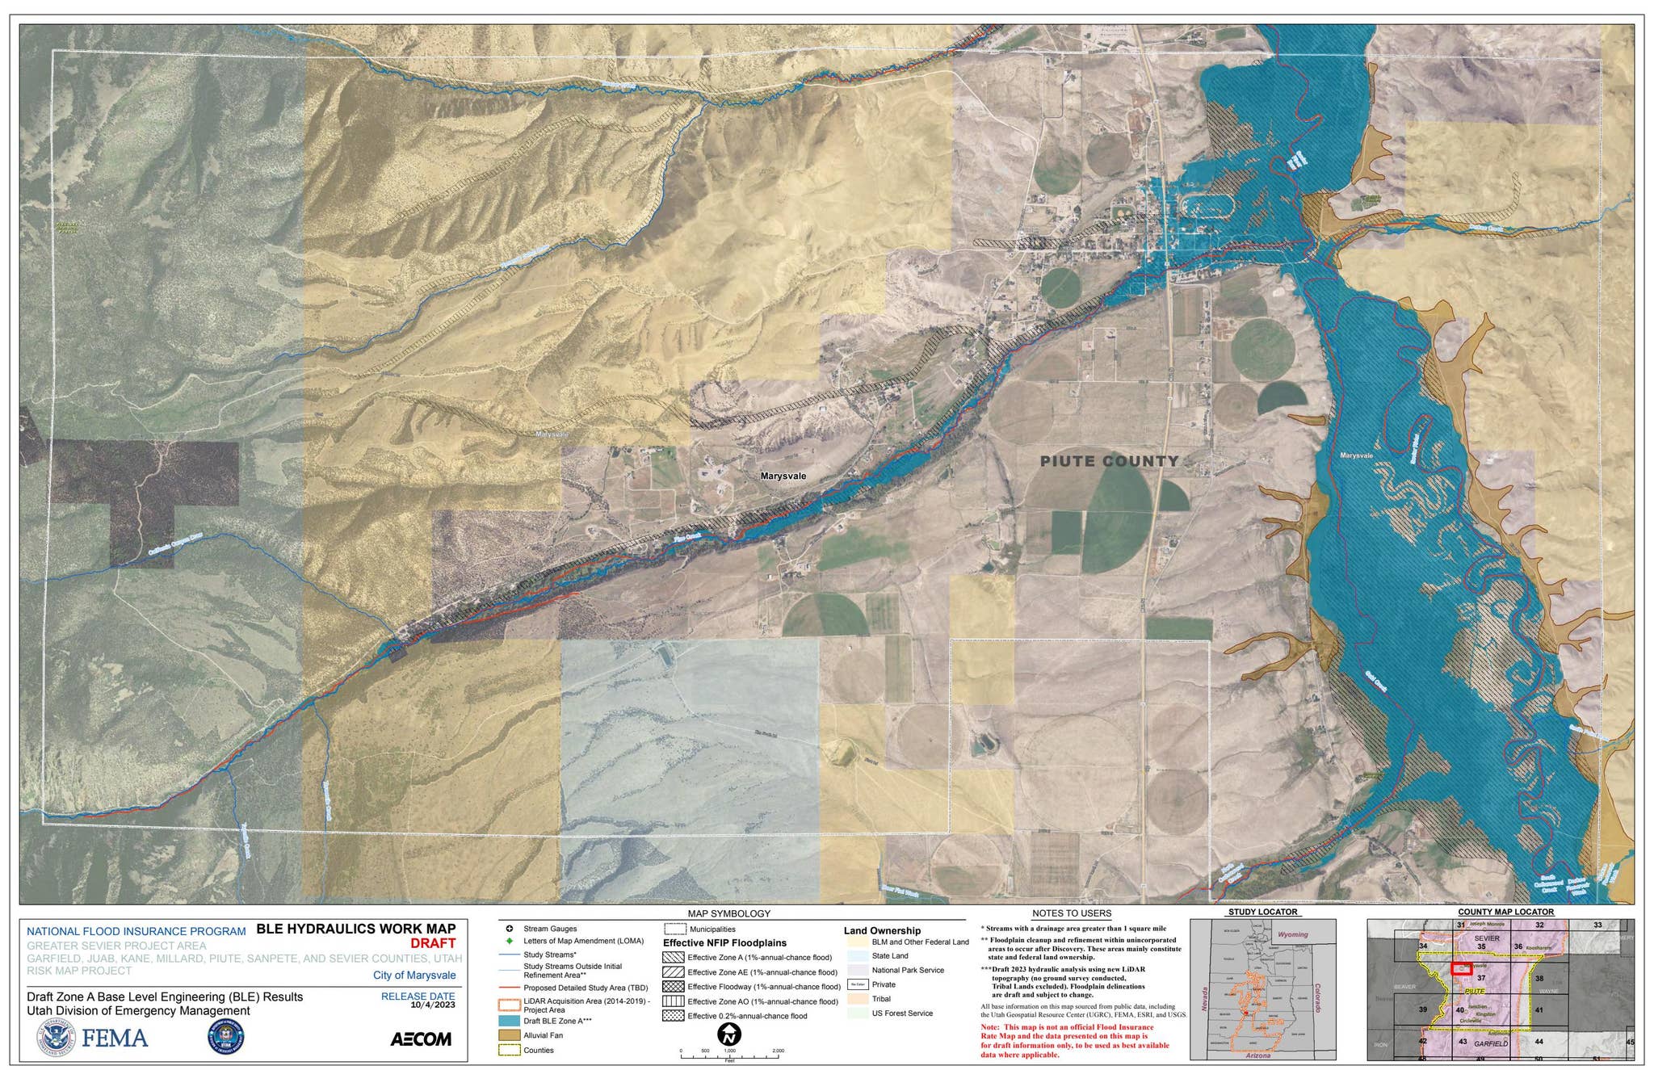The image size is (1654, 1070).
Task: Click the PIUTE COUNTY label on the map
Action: (1109, 461)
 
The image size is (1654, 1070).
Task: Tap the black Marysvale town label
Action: (783, 476)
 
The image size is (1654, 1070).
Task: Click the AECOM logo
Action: (421, 1039)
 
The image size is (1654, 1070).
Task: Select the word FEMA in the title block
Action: (115, 1038)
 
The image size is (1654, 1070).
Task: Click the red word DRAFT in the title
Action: (433, 943)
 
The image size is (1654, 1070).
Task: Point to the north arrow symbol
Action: (729, 1034)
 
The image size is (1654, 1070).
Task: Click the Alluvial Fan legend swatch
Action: (509, 1035)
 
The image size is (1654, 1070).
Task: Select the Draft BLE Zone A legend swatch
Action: (509, 1021)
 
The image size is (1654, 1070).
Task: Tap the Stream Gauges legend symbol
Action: (509, 929)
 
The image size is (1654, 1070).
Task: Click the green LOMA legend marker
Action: (509, 941)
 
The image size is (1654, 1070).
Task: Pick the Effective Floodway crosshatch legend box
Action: (673, 987)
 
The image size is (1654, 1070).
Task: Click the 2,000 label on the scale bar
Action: (778, 1051)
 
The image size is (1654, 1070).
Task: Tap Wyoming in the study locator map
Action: (1292, 934)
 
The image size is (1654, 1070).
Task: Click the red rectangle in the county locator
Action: (1460, 968)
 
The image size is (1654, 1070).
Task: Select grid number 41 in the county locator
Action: (1539, 1010)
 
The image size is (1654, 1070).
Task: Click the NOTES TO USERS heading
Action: (1071, 913)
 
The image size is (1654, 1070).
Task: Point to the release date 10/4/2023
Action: (432, 1005)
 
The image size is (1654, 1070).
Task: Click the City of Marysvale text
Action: (413, 975)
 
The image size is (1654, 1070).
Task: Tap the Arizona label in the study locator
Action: (1257, 1055)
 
